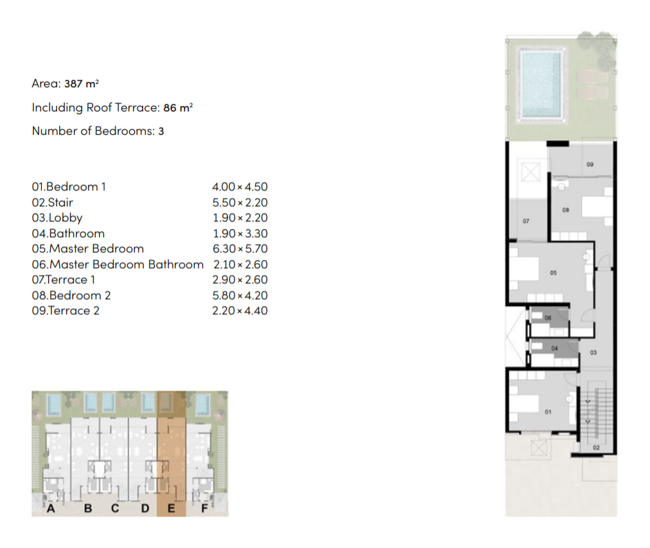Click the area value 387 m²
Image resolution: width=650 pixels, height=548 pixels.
click(81, 84)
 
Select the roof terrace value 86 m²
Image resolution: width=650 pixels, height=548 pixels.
click(178, 108)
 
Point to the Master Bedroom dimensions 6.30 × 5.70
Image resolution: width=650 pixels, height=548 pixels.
click(240, 249)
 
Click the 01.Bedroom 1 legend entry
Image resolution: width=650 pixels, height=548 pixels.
click(69, 186)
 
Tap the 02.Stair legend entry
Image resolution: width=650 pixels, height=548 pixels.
click(53, 202)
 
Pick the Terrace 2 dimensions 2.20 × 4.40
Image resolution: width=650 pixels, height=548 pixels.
click(240, 311)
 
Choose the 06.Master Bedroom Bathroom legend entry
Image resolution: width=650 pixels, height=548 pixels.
click(118, 265)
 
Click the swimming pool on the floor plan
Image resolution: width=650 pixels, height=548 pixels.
click(541, 84)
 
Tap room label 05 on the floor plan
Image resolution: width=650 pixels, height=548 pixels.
click(554, 273)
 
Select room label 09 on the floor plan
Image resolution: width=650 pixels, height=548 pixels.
click(590, 164)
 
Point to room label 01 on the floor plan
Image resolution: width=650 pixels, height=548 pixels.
click(548, 412)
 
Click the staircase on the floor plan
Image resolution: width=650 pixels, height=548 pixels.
click(596, 415)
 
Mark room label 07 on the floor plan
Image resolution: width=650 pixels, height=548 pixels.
click(526, 221)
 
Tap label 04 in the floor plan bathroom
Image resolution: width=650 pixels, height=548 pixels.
click(554, 349)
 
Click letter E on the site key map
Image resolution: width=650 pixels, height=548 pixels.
click(171, 508)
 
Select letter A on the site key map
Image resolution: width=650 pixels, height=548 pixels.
click(51, 508)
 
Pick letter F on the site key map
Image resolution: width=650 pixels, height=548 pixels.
click(204, 508)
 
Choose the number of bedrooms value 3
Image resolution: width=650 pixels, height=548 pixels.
click(161, 131)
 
